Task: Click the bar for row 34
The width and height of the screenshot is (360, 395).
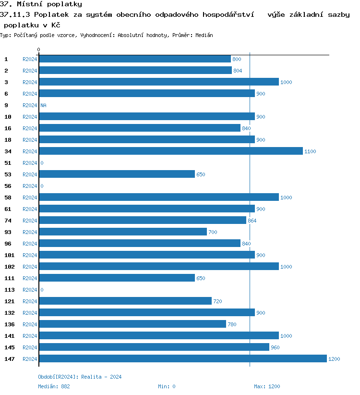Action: [170, 151]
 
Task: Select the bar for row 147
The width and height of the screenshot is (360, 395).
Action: [182, 359]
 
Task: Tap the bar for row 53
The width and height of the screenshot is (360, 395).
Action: [117, 174]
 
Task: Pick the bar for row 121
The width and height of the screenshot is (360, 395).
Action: [125, 301]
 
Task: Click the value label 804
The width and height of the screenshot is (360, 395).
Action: [238, 71]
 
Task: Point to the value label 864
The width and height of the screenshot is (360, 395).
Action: [252, 221]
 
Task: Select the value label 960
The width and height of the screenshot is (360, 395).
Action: [275, 347]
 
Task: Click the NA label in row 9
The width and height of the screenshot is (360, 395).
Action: [43, 105]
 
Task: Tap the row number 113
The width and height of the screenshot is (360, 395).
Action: [9, 290]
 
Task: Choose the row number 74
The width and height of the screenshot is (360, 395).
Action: [8, 221]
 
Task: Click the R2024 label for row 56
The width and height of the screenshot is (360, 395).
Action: [30, 186]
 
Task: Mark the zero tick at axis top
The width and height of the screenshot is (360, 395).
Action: [39, 50]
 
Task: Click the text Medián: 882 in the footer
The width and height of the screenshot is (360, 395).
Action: [54, 386]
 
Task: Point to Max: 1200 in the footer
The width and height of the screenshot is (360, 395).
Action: [267, 386]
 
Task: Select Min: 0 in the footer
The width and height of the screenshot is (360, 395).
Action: [167, 386]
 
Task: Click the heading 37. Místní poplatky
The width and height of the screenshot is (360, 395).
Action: [41, 4]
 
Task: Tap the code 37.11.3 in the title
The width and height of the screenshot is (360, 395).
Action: [16, 15]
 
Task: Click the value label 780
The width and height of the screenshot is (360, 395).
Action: [232, 324]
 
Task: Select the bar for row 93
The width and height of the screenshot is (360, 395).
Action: [122, 232]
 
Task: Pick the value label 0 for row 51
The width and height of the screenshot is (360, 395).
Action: [42, 163]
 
